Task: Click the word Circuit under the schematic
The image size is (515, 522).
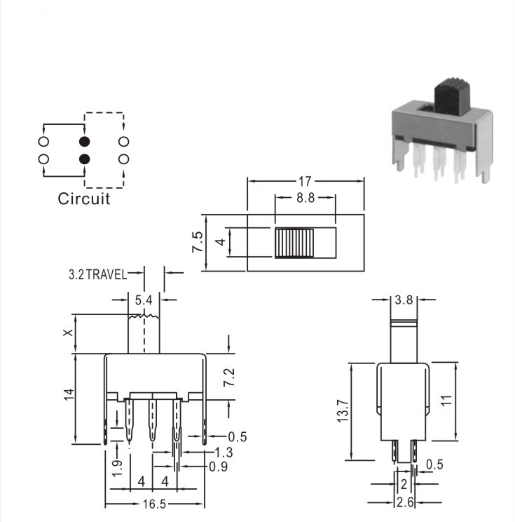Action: (84, 199)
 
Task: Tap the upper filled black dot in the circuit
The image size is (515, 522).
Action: (85, 142)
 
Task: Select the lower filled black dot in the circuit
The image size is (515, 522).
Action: (85, 159)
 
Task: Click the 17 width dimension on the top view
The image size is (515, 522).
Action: (305, 182)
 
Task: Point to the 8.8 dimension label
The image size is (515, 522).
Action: (305, 198)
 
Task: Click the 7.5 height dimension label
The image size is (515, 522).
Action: (197, 241)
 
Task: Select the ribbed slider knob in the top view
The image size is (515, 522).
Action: (294, 243)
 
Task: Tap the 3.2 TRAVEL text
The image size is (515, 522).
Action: (98, 274)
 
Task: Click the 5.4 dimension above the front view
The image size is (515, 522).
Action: (144, 300)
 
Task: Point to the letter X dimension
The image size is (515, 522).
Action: (68, 333)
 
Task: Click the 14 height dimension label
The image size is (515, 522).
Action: (69, 394)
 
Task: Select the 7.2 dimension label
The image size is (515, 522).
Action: (229, 377)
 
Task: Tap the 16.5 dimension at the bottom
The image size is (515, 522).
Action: (154, 504)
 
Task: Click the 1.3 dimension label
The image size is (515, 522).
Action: (224, 453)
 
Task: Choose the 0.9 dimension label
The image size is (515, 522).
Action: (219, 467)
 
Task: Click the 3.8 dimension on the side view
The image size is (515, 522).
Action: (404, 300)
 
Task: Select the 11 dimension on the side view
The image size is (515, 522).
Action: (447, 400)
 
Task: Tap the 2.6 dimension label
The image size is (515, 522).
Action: (405, 502)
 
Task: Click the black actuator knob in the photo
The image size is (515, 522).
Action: (452, 97)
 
